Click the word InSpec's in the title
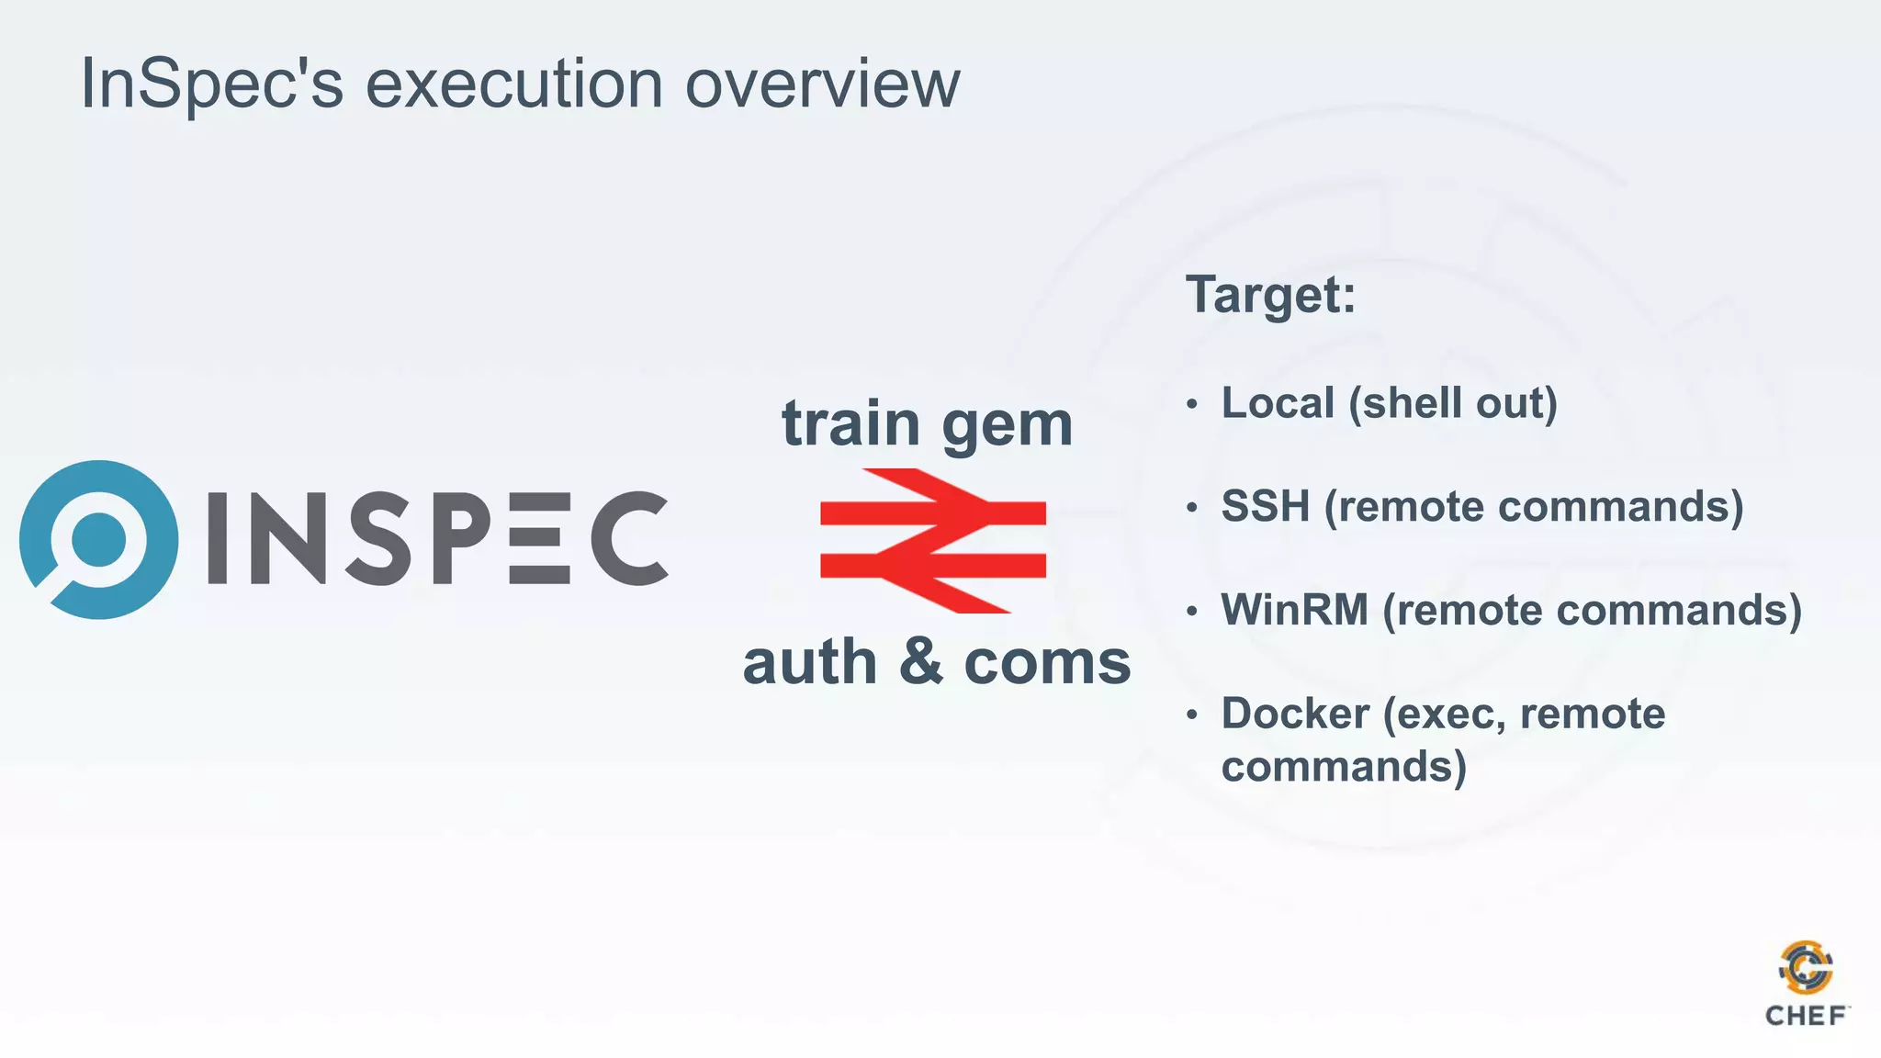[211, 84]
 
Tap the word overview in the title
[822, 84]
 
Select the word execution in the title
[514, 84]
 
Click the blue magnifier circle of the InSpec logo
[99, 539]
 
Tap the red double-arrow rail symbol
[932, 540]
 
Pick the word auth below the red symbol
[810, 663]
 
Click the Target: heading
[1270, 295]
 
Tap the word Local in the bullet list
[1277, 403]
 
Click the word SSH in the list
[1265, 507]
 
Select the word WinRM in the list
[1294, 610]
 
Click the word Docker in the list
[1295, 714]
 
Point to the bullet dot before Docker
[1192, 715]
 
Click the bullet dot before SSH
[1192, 507]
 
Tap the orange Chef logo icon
[1806, 967]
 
